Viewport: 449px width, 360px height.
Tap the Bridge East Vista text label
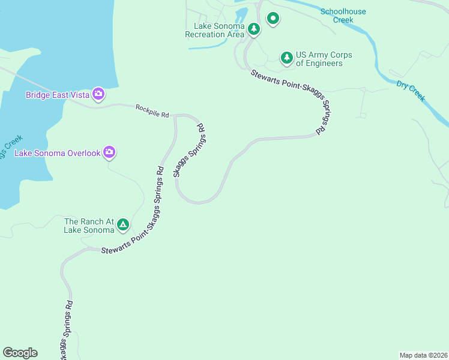click(x=57, y=95)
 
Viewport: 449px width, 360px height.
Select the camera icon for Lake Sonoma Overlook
click(x=109, y=152)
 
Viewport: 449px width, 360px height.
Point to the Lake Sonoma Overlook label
click(x=57, y=153)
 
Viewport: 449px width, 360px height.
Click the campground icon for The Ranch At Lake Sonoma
click(x=122, y=225)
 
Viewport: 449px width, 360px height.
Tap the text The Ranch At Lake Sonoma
click(x=89, y=226)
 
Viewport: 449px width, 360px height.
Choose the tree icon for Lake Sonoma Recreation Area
click(x=254, y=29)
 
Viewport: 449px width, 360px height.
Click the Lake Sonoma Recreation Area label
click(x=215, y=31)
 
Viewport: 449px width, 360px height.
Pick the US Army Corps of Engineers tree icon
click(x=287, y=58)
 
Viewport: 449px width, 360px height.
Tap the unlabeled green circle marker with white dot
click(x=273, y=19)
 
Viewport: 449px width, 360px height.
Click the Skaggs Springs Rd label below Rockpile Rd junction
click(x=189, y=150)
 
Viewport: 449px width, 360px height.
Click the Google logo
click(x=20, y=353)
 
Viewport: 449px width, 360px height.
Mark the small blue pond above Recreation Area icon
click(x=241, y=14)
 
